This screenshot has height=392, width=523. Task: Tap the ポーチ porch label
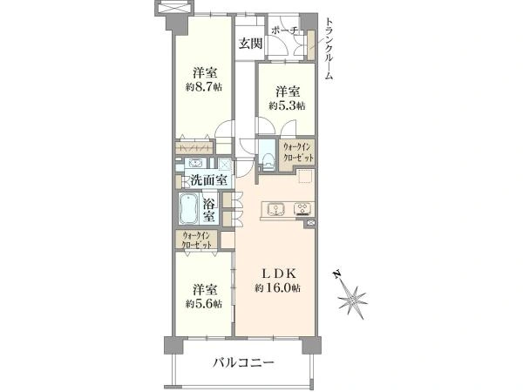[x=285, y=31]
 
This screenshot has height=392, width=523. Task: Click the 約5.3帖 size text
[x=287, y=105]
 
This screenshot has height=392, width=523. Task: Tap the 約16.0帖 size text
[x=279, y=287]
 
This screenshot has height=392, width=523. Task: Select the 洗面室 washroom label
[x=209, y=180]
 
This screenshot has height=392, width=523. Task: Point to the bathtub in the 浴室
[x=188, y=210]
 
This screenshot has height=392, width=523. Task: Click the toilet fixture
[x=268, y=158]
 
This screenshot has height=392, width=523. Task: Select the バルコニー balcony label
[x=244, y=362]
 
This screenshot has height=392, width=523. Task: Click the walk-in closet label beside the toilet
[x=296, y=153]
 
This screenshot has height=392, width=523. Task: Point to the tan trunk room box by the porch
[x=309, y=44]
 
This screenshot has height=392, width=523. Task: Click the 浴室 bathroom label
[x=210, y=210]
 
